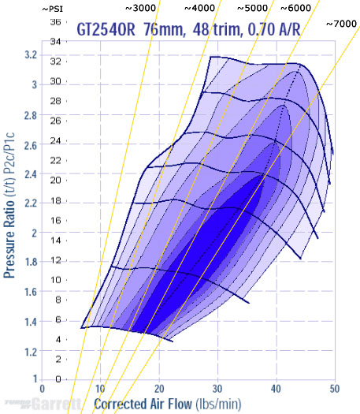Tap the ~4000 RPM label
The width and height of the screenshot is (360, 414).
pos(201,8)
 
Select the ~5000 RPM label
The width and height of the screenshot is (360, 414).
pos(254,8)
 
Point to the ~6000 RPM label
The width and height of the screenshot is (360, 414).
pos(296,8)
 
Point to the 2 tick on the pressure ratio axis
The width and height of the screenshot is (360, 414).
pos(32,233)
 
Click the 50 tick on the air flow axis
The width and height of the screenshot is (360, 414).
pos(334,389)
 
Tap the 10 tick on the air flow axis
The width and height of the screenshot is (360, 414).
pos(100,389)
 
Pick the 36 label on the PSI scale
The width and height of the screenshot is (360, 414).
pos(55,22)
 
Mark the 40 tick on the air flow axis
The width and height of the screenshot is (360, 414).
pos(276,389)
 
